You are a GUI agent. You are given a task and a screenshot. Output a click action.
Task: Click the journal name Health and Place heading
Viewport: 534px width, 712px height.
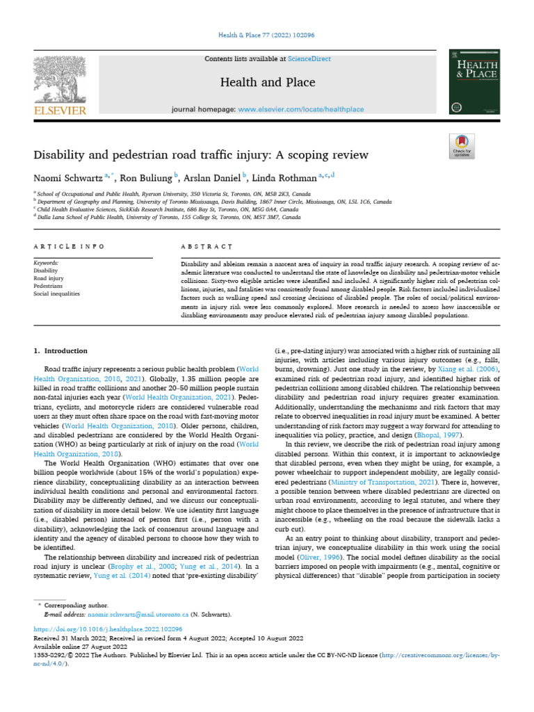tap(267, 83)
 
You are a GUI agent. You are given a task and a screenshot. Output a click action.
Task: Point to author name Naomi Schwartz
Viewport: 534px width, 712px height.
tap(67, 177)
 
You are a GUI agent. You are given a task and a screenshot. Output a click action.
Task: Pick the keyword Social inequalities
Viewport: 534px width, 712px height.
tap(56, 293)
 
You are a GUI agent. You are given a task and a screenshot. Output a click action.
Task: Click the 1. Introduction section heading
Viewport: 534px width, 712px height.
tap(61, 351)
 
